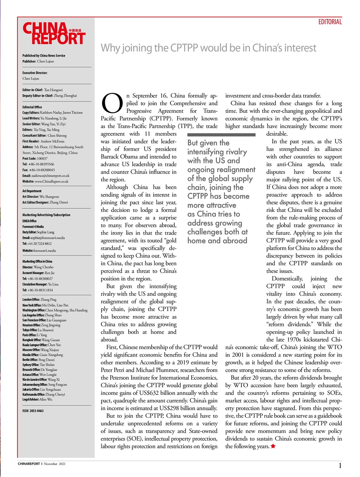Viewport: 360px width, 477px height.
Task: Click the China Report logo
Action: pos(54,34)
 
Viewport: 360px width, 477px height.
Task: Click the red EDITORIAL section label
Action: pos(330,22)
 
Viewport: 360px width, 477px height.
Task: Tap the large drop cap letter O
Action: pos(112,103)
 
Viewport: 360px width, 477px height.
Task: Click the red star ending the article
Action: pos(273,446)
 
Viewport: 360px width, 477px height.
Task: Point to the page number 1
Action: pos(340,465)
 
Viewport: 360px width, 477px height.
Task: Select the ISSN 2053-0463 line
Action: pos(33,411)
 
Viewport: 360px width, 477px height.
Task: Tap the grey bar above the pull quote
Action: pos(221,135)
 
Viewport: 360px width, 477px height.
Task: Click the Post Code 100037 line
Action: pos(35,158)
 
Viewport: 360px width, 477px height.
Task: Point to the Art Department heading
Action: pos(32,191)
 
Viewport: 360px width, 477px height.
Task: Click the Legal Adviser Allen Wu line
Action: pos(37,399)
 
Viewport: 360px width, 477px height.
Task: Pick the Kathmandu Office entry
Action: pos(44,394)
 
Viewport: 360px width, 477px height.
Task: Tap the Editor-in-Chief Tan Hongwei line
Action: pos(42,90)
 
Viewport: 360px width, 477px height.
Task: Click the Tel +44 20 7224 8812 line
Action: pos(37,243)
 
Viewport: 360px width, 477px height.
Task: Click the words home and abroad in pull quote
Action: pos(217,241)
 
